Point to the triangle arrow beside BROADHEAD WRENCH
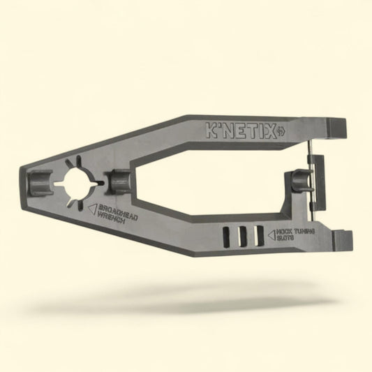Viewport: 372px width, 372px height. pyautogui.click(x=90, y=207)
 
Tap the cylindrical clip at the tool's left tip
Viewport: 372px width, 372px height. pyautogui.click(x=38, y=184)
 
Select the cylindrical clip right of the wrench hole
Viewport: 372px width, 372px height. pyautogui.click(x=118, y=181)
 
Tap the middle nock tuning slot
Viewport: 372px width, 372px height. pyautogui.click(x=242, y=235)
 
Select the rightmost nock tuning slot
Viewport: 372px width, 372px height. pyautogui.click(x=258, y=235)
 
